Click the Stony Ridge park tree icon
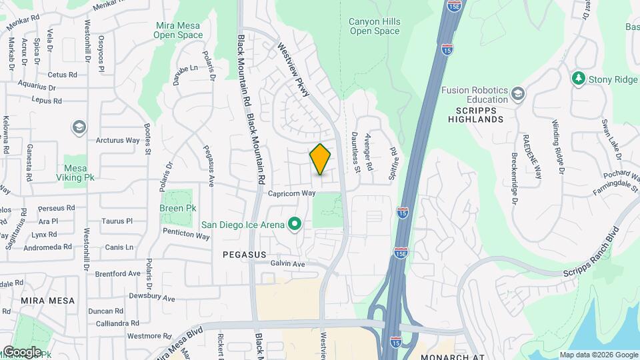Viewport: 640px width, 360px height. (579, 79)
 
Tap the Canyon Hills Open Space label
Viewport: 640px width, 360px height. (375, 26)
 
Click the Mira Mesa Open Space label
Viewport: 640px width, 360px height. (179, 31)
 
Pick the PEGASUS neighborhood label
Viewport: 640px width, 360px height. (244, 255)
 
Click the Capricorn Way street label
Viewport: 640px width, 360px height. (291, 193)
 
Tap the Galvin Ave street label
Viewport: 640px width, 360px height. (287, 264)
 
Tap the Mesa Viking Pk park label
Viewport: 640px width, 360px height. (79, 173)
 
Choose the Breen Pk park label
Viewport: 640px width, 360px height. (177, 208)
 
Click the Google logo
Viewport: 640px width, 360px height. (22, 352)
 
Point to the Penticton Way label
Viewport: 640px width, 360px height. (187, 234)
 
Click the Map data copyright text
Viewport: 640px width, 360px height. (597, 355)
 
